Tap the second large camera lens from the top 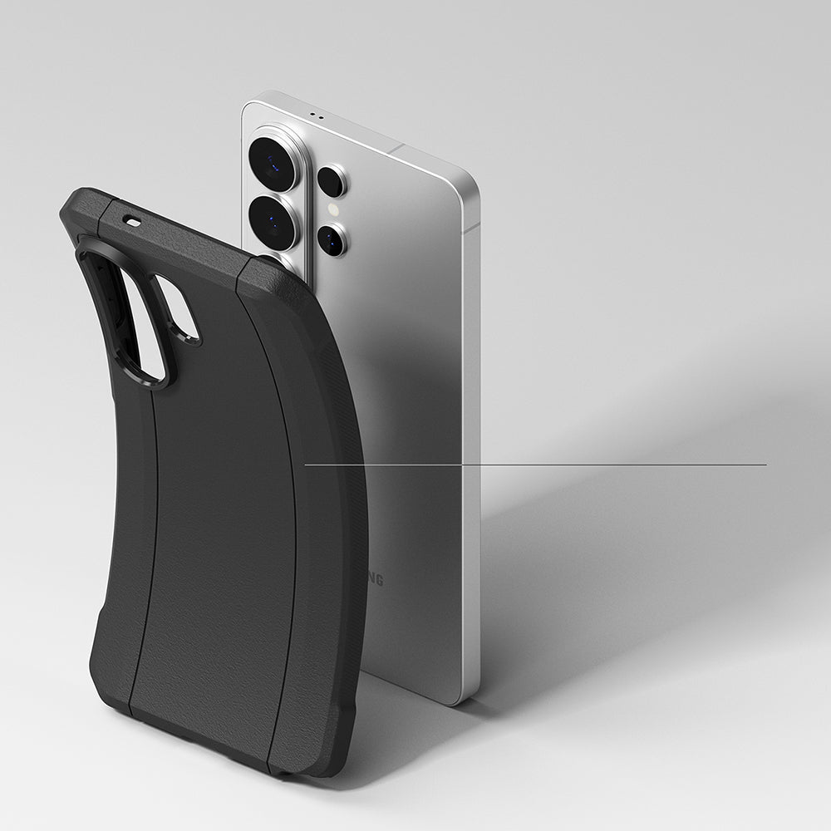[273, 223]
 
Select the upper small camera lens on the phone [332, 181]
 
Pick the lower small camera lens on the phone [332, 239]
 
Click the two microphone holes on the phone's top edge [315, 115]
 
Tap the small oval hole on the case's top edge [131, 221]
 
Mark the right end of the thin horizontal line [766, 465]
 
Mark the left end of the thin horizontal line [306, 465]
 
